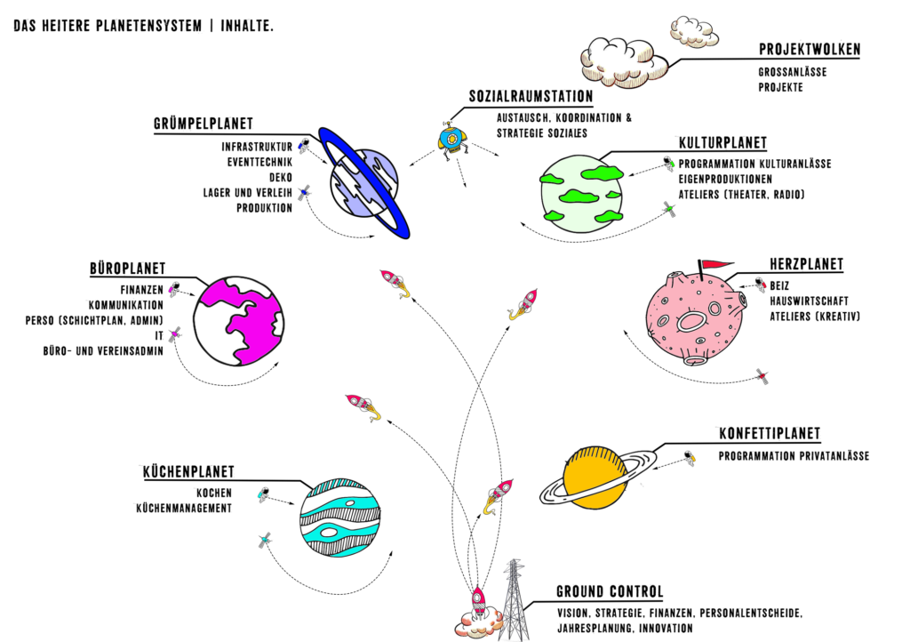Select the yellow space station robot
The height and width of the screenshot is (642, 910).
[x=451, y=139]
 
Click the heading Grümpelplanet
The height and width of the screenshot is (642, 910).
[x=203, y=124]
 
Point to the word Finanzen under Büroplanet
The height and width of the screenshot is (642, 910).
[x=142, y=290]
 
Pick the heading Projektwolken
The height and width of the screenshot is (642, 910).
[x=809, y=50]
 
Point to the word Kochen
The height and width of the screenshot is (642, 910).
[x=214, y=494]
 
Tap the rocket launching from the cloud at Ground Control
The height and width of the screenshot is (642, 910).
[x=477, y=605]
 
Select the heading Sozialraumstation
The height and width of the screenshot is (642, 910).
[x=531, y=96]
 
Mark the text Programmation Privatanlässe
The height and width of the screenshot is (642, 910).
[x=794, y=457]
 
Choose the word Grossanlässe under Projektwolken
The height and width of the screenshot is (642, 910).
[x=793, y=72]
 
